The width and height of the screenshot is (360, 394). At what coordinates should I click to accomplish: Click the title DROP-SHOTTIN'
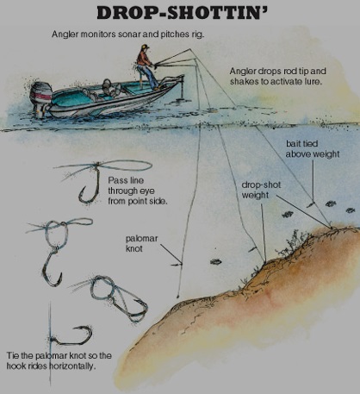click(182, 12)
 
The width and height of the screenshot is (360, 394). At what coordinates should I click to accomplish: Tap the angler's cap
click(146, 47)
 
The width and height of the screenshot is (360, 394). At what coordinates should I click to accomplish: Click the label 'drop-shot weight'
click(261, 190)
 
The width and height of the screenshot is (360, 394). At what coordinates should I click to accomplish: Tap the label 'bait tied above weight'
click(312, 149)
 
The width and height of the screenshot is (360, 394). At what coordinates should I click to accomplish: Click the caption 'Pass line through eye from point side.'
click(138, 191)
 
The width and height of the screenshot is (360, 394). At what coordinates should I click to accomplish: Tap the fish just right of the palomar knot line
click(215, 261)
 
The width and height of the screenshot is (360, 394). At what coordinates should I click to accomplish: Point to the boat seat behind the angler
click(108, 85)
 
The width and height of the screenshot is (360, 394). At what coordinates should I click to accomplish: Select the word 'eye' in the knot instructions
click(147, 191)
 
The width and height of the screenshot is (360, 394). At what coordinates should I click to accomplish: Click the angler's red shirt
click(144, 58)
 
